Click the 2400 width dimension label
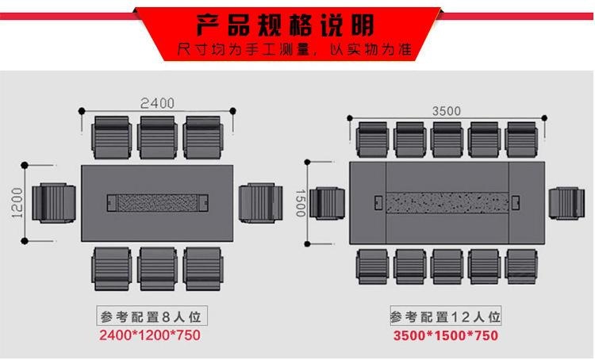pos(157,103)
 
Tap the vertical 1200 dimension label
pos(17,203)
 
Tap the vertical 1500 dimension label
pos(301,203)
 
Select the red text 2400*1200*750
pos(149,335)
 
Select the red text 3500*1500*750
pos(446,335)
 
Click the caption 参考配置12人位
pos(446,316)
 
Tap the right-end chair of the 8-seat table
pos(261,203)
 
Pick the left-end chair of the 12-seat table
pos(328,203)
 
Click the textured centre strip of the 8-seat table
pos(160,203)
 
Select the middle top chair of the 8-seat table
pos(157,137)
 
